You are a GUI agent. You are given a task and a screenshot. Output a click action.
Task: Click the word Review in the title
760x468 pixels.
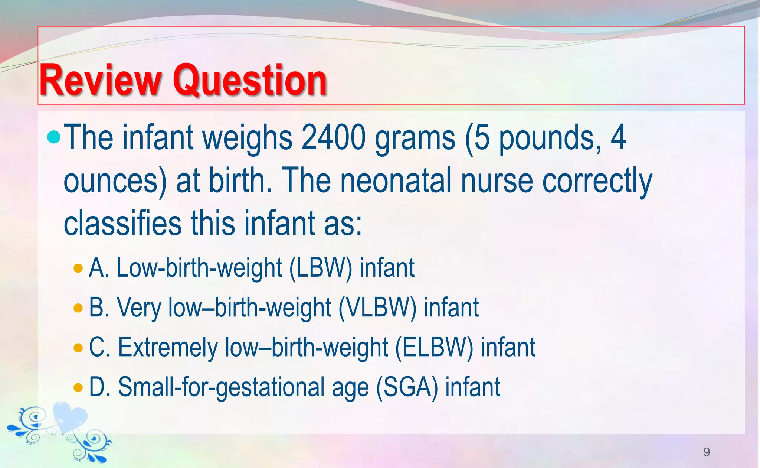tap(100, 81)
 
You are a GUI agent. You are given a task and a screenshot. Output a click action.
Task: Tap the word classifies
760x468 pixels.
tap(122, 223)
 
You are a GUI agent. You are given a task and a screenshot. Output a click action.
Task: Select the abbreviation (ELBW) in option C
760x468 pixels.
tap(434, 348)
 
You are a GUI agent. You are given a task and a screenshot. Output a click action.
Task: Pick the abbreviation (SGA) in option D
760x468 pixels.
tap(407, 387)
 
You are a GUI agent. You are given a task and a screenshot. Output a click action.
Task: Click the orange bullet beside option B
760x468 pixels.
tap(78, 308)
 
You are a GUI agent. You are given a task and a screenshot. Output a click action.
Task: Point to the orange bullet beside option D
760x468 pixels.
tap(78, 387)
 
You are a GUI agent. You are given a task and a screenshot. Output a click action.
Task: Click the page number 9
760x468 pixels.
tap(707, 452)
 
